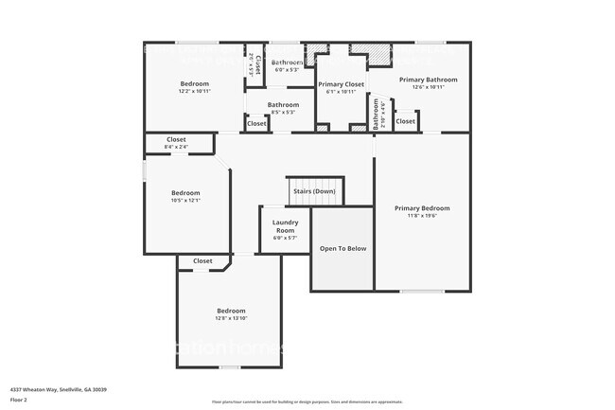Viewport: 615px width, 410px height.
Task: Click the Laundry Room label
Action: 285,227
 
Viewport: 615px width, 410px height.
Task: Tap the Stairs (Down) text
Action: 314,191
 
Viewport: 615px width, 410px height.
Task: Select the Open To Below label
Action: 343,249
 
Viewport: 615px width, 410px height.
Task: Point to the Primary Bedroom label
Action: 422,208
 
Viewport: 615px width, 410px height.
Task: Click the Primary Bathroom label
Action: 428,80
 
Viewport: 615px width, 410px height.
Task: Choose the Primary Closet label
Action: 341,84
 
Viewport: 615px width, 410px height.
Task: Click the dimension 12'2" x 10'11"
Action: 195,91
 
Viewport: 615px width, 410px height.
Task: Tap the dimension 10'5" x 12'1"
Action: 185,200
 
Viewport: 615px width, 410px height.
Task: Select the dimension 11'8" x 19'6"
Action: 422,216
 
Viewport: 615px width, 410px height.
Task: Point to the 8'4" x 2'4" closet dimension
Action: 176,147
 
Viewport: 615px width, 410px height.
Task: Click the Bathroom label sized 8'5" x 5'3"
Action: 283,105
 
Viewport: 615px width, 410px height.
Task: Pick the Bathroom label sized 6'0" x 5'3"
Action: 288,62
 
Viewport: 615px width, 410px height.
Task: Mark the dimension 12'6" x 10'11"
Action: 428,87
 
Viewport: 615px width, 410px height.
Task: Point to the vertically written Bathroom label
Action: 376,118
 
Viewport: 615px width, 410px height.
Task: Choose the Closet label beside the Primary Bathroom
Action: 405,121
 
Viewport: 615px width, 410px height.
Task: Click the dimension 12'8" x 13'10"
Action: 231,318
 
